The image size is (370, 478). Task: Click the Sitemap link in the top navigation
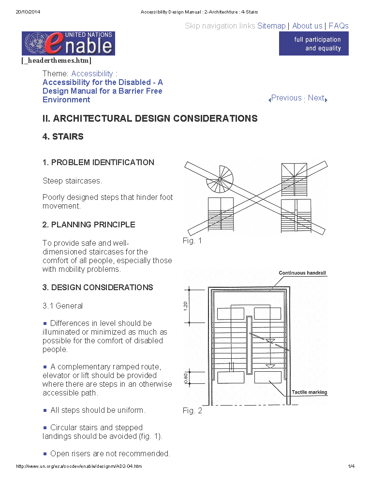[271, 26]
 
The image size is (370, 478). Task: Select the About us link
[307, 26]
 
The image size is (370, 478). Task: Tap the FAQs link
[339, 26]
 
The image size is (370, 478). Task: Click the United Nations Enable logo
[68, 43]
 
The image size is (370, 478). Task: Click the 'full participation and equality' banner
[313, 44]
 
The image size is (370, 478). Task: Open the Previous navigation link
[286, 98]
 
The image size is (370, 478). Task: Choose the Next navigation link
[316, 98]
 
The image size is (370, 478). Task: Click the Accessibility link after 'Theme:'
[92, 74]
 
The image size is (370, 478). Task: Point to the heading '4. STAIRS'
[63, 137]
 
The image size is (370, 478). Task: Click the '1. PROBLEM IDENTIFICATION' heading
[98, 163]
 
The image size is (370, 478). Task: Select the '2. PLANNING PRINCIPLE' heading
[89, 225]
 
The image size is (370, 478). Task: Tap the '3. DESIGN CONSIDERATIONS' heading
[98, 287]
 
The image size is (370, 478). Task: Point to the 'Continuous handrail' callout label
[302, 273]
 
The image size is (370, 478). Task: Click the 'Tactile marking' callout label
[310, 392]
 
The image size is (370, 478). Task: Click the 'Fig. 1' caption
[192, 241]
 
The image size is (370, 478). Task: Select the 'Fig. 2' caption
[192, 411]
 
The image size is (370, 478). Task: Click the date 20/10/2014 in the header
[27, 12]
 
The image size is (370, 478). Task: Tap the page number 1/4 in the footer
[351, 466]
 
